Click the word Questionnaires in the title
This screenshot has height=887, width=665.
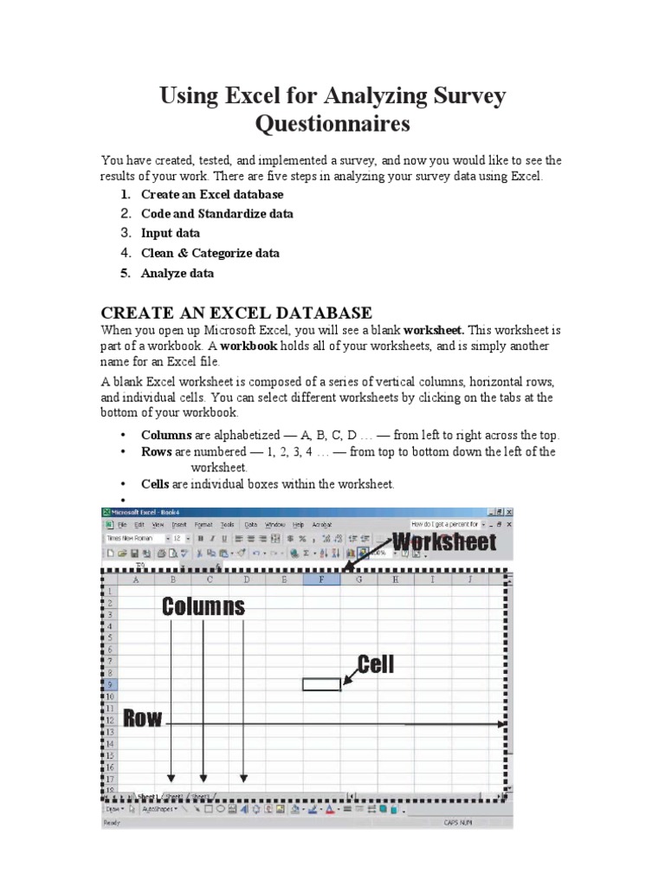tap(332, 125)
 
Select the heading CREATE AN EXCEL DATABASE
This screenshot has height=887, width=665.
tap(236, 313)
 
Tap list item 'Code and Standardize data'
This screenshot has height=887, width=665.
tap(216, 214)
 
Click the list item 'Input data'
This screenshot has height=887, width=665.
tap(170, 233)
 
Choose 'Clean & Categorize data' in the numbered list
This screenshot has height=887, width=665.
tap(210, 253)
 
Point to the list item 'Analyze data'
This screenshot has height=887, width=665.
tap(177, 273)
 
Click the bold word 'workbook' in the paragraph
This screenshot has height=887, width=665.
tap(249, 346)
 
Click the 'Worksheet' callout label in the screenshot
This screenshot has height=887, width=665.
tap(444, 543)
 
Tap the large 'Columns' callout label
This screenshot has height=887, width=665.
tap(203, 607)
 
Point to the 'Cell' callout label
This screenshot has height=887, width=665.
tap(376, 664)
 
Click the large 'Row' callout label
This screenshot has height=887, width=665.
tap(143, 718)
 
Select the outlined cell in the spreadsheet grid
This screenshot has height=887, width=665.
tap(321, 684)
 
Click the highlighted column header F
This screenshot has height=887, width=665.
tap(321, 579)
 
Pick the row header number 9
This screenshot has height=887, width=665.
tap(110, 684)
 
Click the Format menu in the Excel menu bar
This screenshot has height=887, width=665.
tap(203, 525)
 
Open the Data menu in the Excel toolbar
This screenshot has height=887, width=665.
tap(250, 525)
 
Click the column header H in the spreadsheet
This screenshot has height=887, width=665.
tap(396, 579)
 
